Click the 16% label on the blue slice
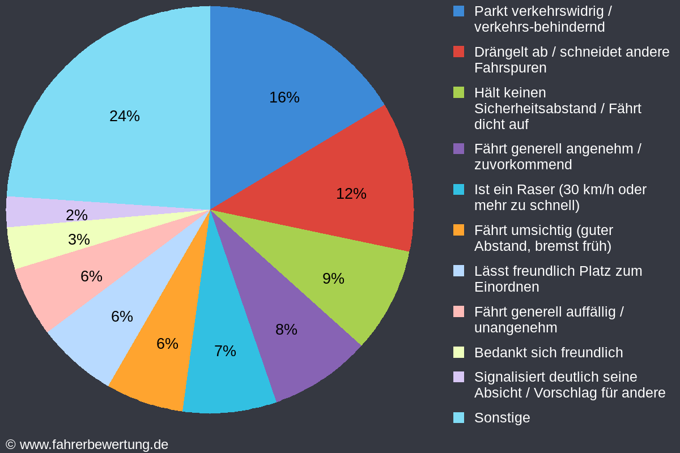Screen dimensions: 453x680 (x=284, y=97)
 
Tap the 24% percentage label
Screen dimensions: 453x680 (x=124, y=116)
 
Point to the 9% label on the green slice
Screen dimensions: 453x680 (x=333, y=279)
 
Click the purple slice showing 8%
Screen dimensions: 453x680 (x=295, y=340)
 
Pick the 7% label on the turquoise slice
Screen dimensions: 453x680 (x=225, y=351)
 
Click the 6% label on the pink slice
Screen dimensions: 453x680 (x=91, y=276)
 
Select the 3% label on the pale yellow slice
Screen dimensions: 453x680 (x=79, y=240)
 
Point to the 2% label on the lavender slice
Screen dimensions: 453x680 (x=76, y=215)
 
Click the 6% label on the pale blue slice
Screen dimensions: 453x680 (x=122, y=317)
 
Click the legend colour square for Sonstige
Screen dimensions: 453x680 (x=459, y=418)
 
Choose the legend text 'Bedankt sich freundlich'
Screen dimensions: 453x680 (x=548, y=353)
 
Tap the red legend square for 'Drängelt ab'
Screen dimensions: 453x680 (x=459, y=52)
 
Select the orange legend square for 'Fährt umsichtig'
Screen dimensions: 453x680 (x=459, y=230)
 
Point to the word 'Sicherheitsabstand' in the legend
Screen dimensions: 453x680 (x=530, y=109)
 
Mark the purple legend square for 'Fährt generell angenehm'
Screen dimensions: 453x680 (x=459, y=149)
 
